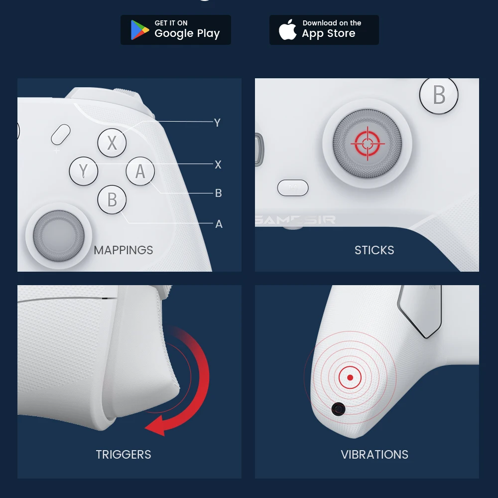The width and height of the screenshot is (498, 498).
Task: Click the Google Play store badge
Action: (x=175, y=30)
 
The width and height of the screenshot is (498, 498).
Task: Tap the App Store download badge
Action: (x=324, y=30)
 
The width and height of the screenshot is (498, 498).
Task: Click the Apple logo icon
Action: (x=288, y=30)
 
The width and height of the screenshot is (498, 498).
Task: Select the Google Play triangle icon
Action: (x=139, y=30)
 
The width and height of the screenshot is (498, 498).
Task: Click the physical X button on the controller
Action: (x=112, y=143)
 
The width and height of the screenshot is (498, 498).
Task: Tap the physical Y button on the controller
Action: (x=83, y=171)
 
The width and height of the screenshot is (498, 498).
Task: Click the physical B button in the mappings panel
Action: (x=112, y=199)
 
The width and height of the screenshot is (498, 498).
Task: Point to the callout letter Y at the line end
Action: (x=217, y=123)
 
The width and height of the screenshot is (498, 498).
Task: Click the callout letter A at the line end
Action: (x=219, y=224)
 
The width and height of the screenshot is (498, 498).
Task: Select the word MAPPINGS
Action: (x=124, y=250)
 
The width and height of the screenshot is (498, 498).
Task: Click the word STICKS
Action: (x=374, y=250)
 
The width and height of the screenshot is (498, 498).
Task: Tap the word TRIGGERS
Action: (x=124, y=455)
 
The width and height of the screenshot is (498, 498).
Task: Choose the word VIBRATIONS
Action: (x=374, y=455)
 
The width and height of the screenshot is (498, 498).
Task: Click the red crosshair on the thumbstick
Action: (x=367, y=144)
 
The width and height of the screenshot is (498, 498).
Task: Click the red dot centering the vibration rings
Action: (x=350, y=378)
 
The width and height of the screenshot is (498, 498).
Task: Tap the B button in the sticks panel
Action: (x=439, y=95)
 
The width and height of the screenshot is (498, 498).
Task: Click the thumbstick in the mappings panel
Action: (x=59, y=233)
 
